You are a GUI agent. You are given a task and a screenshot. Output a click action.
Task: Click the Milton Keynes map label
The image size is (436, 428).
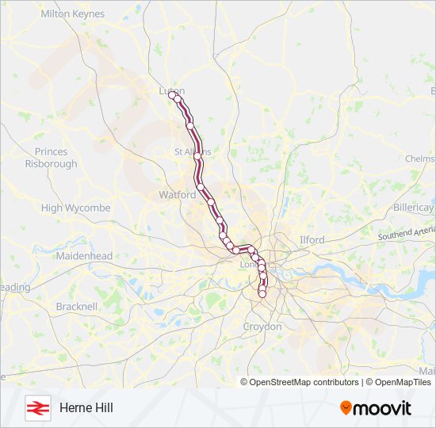pos(72,14)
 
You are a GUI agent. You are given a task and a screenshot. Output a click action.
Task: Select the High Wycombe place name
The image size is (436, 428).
pos(75,208)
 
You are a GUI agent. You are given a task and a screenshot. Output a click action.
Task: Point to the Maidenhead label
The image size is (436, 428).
pos(84,256)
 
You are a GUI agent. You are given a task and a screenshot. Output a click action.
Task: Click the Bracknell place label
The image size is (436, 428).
pos(77,306)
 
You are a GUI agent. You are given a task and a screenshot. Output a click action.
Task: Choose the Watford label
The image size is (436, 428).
pos(177,194)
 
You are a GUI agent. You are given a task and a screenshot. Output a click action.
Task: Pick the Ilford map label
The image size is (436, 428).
pos(312,239)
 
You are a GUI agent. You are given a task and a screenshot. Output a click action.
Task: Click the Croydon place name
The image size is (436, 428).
pos(262,327)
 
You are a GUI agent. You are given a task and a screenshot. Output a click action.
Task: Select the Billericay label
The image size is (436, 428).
pos(413,207)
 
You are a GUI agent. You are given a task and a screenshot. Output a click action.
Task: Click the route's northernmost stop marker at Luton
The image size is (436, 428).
pos(172,95)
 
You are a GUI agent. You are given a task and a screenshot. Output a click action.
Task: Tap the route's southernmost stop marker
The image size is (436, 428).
pos(262,294)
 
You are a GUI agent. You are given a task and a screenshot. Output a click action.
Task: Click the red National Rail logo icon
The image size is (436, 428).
pos(36,407)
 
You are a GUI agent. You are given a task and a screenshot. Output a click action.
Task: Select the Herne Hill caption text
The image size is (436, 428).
pos(86,407)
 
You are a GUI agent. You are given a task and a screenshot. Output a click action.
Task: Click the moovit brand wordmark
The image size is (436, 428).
pos(383,408)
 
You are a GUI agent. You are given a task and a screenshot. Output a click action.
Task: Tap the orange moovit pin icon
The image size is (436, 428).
pos(346,408)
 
